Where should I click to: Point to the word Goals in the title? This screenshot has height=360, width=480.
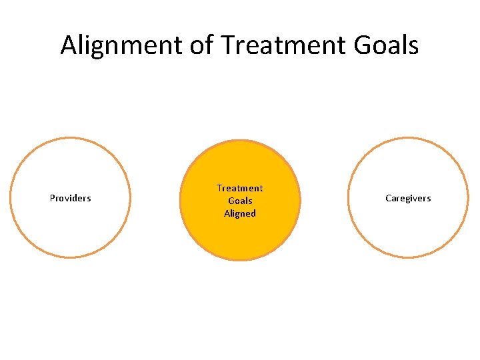(x=385, y=45)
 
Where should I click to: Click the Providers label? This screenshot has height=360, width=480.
(x=71, y=198)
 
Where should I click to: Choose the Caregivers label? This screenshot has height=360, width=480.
(x=408, y=198)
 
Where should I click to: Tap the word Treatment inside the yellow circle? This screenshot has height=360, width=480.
(x=240, y=188)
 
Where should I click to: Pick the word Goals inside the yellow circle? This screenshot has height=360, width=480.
(x=240, y=201)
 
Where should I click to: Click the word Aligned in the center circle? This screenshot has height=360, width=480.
(x=240, y=213)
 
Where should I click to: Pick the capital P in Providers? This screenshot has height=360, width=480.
(x=53, y=198)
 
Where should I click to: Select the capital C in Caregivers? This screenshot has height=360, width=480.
(x=388, y=198)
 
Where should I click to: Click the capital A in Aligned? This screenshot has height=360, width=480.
(x=227, y=213)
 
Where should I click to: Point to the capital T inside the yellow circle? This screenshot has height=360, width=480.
(x=219, y=188)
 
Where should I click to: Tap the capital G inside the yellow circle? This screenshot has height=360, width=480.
(x=231, y=201)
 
